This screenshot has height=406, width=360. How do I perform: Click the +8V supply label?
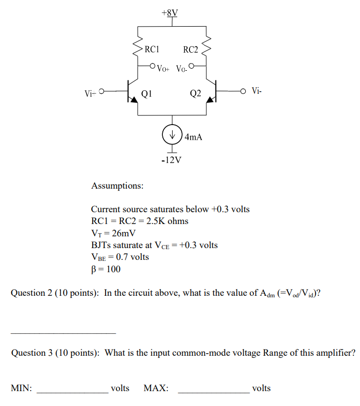click(x=171, y=12)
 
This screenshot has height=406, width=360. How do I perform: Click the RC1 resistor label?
click(x=153, y=50)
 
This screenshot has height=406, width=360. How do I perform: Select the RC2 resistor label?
click(x=190, y=50)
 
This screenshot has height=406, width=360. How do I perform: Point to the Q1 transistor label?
click(x=146, y=94)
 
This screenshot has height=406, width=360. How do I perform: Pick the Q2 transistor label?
click(x=195, y=94)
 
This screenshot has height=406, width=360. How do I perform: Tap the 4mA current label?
click(x=194, y=137)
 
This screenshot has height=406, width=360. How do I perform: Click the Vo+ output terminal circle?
click(x=152, y=66)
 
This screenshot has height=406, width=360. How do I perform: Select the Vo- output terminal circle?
click(x=192, y=66)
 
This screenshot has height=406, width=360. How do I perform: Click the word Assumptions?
click(x=117, y=185)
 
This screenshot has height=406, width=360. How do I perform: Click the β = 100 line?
click(x=105, y=269)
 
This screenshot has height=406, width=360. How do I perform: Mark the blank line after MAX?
click(x=213, y=392)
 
